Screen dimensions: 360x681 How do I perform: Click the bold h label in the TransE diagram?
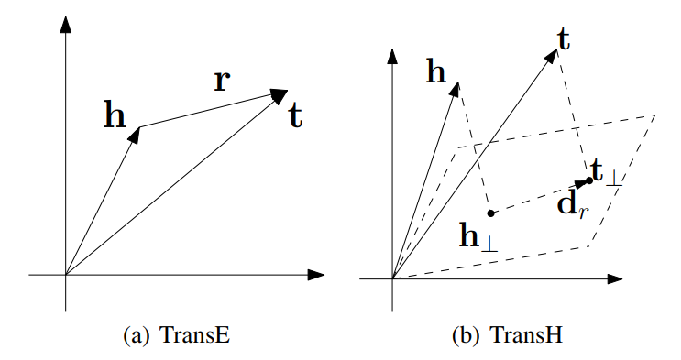[115, 115]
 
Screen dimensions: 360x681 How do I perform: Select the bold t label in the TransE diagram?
[295, 115]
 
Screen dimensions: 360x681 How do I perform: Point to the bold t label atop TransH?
[565, 38]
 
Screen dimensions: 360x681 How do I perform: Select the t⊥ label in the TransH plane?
[607, 173]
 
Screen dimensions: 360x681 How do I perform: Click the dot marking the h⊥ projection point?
[491, 213]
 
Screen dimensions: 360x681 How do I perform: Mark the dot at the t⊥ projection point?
[589, 180]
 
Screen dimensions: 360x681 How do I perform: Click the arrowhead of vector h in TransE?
[136, 132]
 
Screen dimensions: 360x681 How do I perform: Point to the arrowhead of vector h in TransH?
[456, 87]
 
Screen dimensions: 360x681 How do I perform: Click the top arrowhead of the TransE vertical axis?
[65, 25]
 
